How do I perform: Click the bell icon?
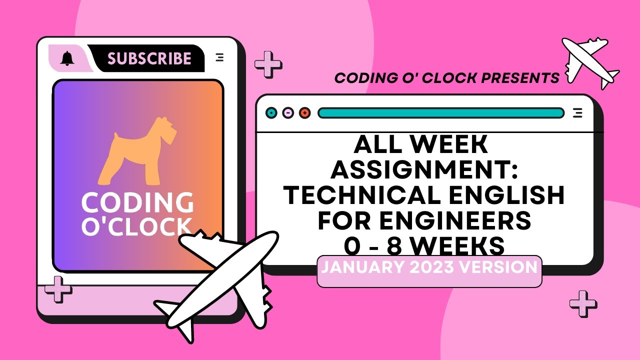click(x=67, y=58)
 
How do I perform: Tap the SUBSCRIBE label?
click(x=149, y=58)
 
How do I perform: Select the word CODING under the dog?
click(x=137, y=203)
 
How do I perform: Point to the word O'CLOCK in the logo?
click(x=136, y=226)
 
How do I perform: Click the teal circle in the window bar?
click(x=271, y=113)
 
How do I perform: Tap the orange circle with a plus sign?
click(x=304, y=113)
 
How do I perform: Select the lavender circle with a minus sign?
click(x=288, y=113)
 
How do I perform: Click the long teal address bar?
click(x=440, y=113)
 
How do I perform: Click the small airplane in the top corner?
click(x=590, y=61)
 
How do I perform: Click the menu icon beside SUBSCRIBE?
click(x=219, y=57)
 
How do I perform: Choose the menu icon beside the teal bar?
click(x=577, y=113)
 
